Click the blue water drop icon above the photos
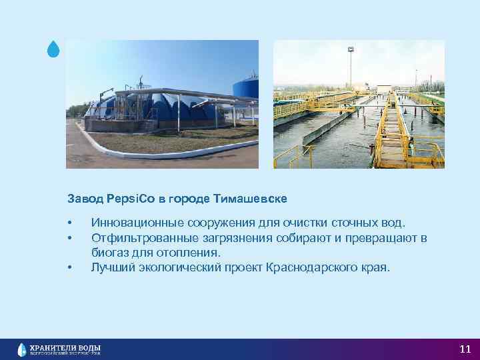point(54,49)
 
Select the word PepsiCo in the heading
point(124,198)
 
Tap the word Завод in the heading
point(82,198)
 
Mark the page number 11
point(465,349)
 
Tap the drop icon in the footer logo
point(23,349)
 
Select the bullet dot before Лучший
point(69,267)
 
